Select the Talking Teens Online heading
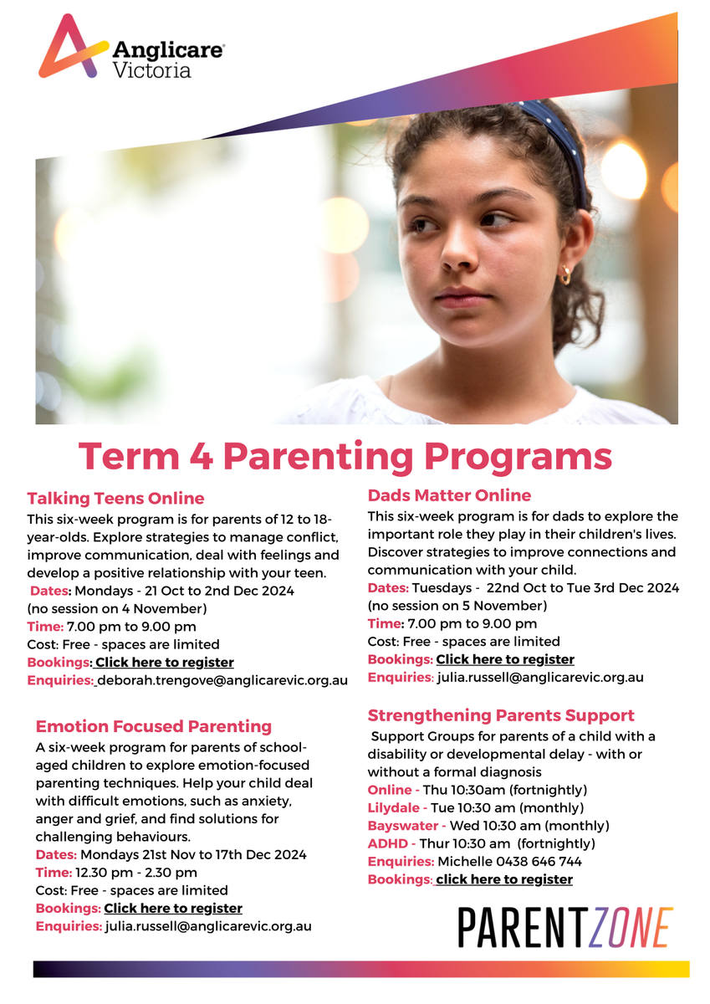pos(115,499)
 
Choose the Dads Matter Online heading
pos(449,495)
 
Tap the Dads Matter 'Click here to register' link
pos(505,659)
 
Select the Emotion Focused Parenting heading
pos(154,725)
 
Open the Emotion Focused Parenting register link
pos(173,908)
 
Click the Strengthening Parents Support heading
pos(501,715)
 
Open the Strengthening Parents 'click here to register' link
pos(504,879)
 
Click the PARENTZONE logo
pos(565,927)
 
